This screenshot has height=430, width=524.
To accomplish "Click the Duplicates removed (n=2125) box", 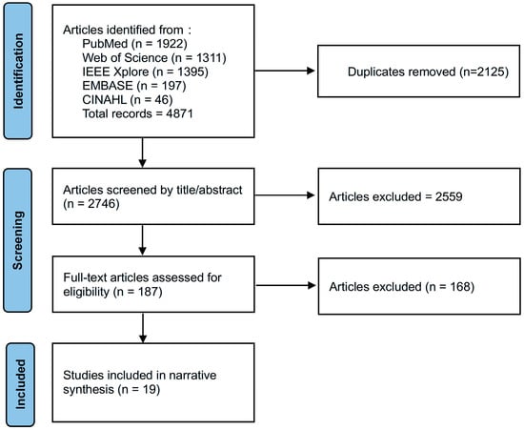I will [x=415, y=71].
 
